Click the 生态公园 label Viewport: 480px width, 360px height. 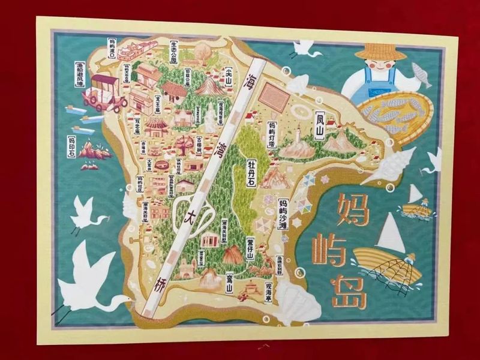[x=174, y=52]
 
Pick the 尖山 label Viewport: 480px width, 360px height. [x=228, y=77]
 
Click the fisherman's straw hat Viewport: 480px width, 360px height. [x=380, y=52]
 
